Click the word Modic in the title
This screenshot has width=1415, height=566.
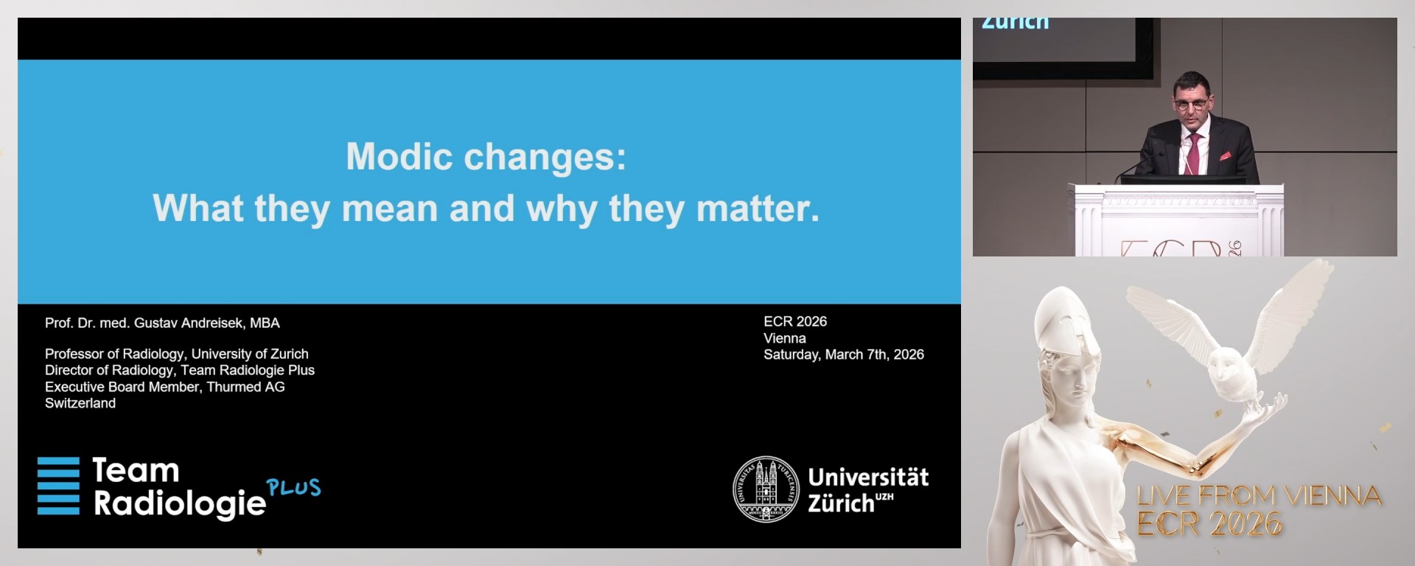click(x=399, y=157)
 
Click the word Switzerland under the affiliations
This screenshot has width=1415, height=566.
click(x=80, y=403)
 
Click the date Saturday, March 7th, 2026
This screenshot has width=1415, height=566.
click(x=843, y=354)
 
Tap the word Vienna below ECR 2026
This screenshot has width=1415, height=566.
click(x=784, y=338)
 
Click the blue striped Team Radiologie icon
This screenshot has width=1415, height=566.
click(x=58, y=486)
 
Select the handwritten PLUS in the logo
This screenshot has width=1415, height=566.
click(x=293, y=488)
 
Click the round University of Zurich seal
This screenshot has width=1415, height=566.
click(x=766, y=489)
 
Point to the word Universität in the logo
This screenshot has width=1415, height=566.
click(x=868, y=478)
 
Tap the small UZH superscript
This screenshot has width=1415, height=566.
click(x=884, y=497)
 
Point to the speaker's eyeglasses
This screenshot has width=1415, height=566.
click(x=1190, y=104)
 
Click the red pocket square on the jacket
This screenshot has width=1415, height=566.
click(x=1225, y=156)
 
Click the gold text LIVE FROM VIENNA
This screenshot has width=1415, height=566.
click(x=1258, y=496)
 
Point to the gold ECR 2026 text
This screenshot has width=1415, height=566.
click(x=1209, y=525)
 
